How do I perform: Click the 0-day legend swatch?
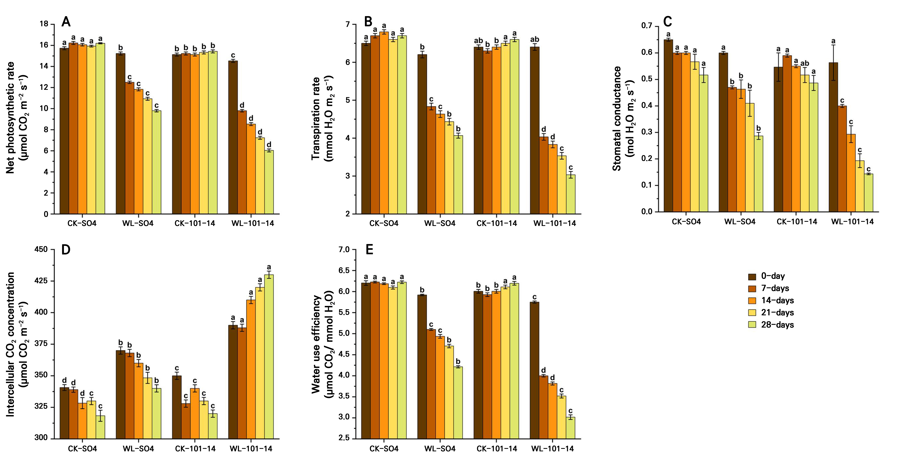(752, 276)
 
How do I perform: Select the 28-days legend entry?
(771, 325)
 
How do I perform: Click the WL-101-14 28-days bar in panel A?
(269, 182)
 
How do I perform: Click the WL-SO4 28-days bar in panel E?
(458, 403)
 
